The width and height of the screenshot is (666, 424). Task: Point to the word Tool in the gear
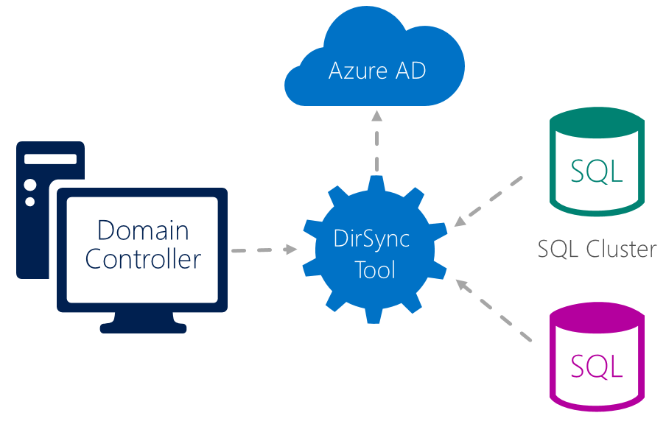375,269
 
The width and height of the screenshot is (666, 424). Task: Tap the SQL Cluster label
597,249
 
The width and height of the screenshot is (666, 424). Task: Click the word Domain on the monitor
143,230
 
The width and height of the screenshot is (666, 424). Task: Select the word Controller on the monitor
143,259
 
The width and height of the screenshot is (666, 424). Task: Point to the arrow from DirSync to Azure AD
377,144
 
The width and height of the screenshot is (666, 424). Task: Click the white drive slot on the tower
50,159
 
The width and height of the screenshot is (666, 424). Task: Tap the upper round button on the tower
30,184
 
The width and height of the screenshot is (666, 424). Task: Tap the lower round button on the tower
30,201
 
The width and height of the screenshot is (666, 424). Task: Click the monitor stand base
143,325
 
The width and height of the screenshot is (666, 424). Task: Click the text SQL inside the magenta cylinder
596,366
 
